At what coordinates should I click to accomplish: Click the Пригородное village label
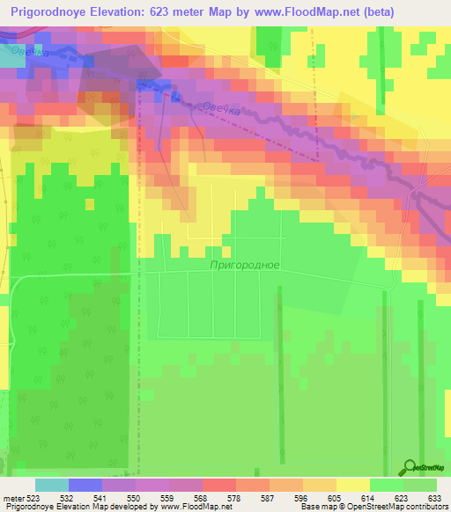pyautogui.click(x=245, y=264)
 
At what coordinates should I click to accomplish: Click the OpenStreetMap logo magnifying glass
pyautogui.click(x=409, y=467)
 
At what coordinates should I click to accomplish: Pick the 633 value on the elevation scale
pyautogui.click(x=435, y=498)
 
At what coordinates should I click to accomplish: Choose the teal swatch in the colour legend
pyautogui.click(x=52, y=485)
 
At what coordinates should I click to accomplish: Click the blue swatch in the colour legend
pyautogui.click(x=85, y=485)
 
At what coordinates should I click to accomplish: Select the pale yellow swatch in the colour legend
pyautogui.click(x=353, y=485)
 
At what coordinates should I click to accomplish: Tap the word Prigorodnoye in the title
pyautogui.click(x=54, y=12)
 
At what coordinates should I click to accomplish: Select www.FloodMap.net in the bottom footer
pyautogui.click(x=190, y=508)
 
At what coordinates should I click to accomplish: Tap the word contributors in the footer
pyautogui.click(x=427, y=508)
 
